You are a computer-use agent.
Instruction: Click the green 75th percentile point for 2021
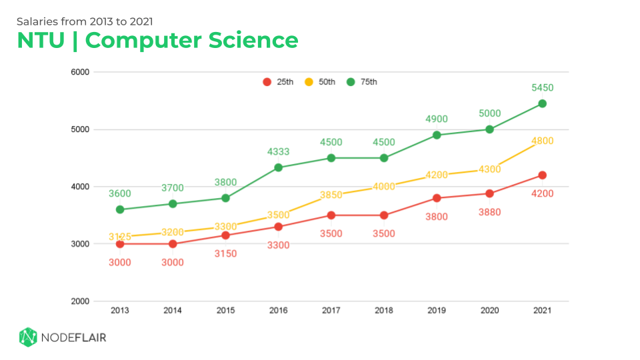pos(542,103)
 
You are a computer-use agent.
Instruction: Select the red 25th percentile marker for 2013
pos(120,244)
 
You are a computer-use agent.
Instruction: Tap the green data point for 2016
pos(278,167)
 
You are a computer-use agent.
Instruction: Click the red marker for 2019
pos(437,198)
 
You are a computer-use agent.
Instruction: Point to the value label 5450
pos(542,87)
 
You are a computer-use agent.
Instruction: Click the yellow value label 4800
pos(542,141)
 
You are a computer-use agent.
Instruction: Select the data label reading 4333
pos(278,152)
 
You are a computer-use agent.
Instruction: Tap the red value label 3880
pos(489,212)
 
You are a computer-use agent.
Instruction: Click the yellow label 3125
pos(120,236)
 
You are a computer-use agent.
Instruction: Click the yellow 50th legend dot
pos(309,82)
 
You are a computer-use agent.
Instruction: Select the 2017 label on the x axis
pos(331,311)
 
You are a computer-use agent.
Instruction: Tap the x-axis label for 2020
pos(489,311)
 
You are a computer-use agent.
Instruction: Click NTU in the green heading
pos(41,41)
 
